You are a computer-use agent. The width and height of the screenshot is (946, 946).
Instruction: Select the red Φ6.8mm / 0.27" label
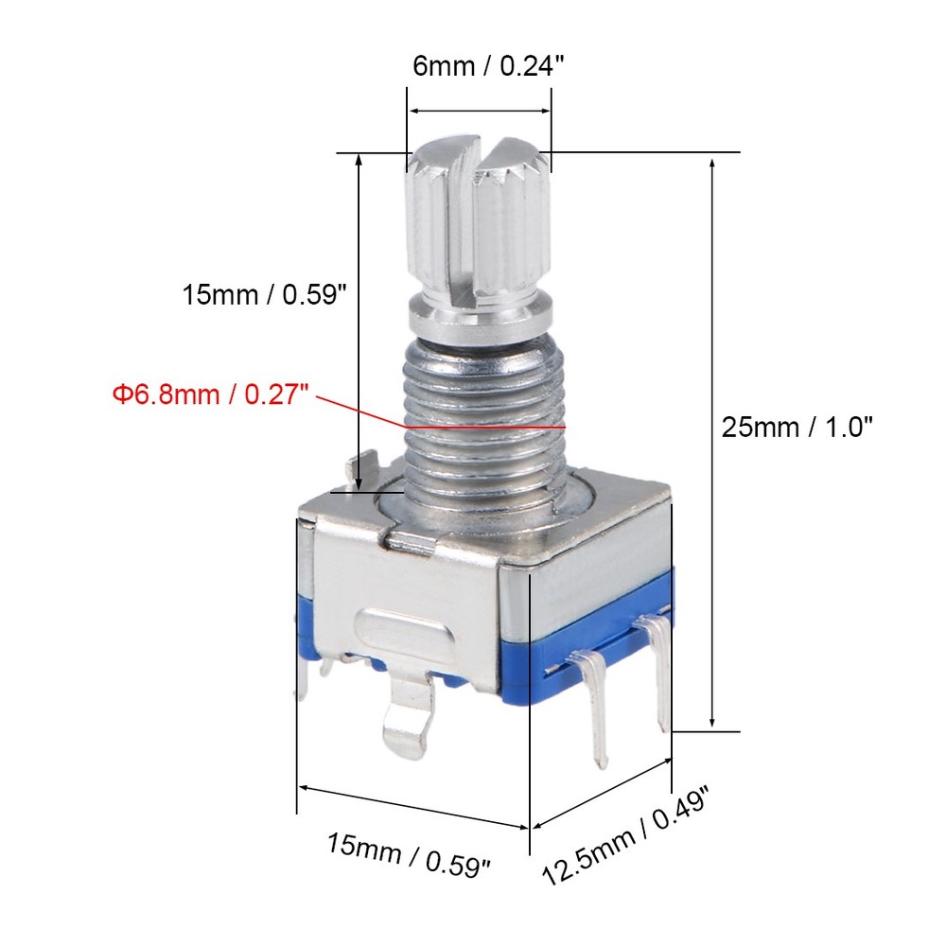(212, 394)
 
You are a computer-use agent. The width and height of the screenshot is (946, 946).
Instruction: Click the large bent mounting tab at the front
(408, 719)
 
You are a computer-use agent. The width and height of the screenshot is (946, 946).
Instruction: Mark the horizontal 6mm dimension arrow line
(480, 111)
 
